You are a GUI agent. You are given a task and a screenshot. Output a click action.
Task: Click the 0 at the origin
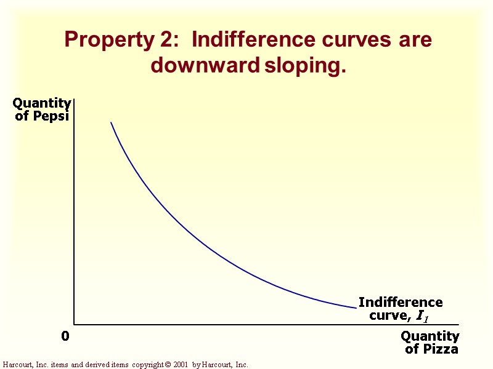point(65,336)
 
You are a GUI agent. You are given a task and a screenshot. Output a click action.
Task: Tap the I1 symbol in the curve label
point(422,316)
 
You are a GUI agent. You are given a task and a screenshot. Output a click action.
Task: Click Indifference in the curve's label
point(401,303)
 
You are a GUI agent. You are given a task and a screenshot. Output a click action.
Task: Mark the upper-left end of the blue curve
point(111,122)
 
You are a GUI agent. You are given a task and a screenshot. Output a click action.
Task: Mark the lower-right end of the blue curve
point(356,307)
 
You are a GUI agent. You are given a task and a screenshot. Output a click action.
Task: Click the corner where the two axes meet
point(74,324)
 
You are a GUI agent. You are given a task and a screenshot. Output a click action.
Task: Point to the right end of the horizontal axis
point(458,324)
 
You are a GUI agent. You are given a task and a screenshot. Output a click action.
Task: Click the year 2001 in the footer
point(180,365)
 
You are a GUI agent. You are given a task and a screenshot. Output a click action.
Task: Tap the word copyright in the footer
point(147,365)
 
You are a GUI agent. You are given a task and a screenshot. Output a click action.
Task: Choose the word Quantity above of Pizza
point(430,336)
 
